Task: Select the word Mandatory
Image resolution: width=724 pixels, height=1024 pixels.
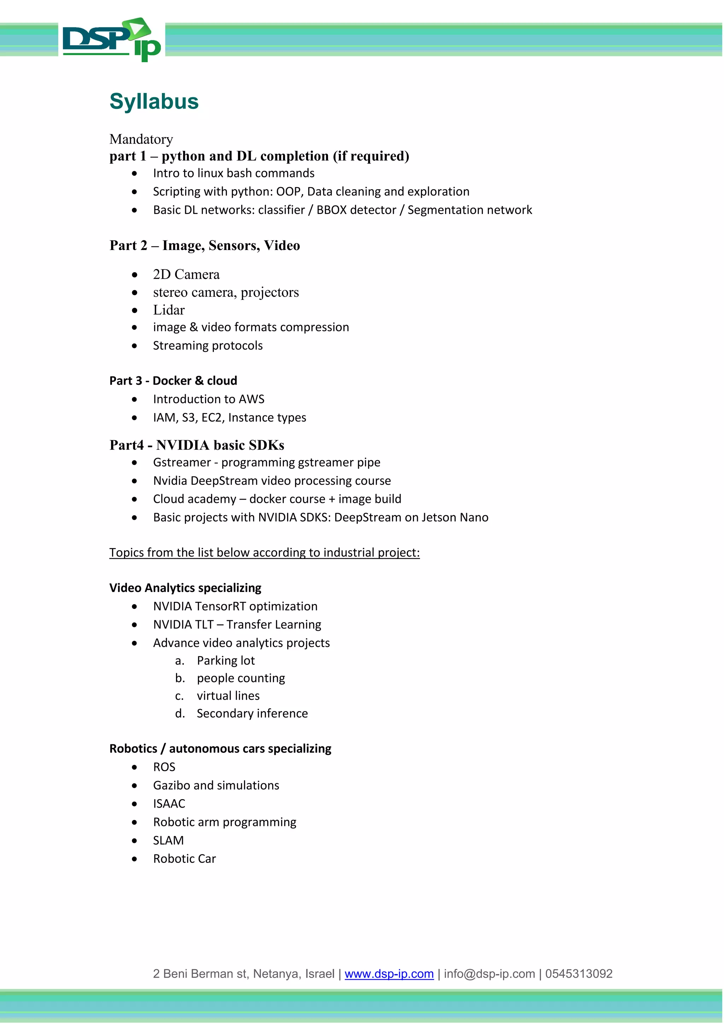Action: (x=141, y=139)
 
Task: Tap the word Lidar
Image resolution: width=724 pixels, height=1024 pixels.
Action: (x=169, y=310)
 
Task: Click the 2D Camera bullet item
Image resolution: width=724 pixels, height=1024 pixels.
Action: (x=186, y=274)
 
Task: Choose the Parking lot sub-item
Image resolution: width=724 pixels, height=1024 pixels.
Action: (x=226, y=661)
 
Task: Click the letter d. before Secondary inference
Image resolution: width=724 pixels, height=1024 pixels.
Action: (x=180, y=714)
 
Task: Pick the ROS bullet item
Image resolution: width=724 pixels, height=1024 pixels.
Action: (x=164, y=767)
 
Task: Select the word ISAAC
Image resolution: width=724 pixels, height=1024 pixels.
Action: (x=169, y=804)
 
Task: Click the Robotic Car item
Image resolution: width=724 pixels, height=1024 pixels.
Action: (x=184, y=859)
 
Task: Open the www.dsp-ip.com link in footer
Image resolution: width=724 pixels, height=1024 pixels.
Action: (x=389, y=974)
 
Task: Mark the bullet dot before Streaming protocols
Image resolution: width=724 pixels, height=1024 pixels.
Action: (x=135, y=346)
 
